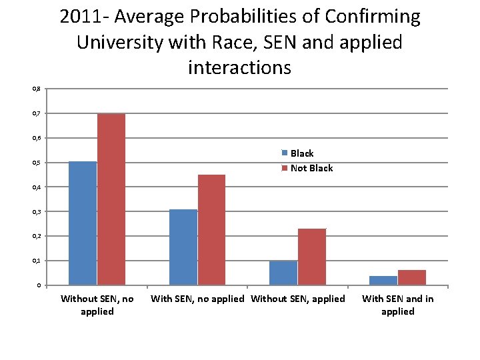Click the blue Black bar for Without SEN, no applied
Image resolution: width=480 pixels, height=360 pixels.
[x=83, y=223]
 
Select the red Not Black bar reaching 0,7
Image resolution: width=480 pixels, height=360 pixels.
[x=111, y=199]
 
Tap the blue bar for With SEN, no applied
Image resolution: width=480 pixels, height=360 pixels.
[x=183, y=247]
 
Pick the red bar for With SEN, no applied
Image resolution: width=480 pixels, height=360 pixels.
[x=211, y=230]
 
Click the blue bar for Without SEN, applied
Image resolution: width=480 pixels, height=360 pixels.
[x=283, y=273]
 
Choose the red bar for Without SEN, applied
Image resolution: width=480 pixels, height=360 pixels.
[x=311, y=257]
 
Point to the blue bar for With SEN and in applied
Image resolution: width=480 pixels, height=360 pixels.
[x=383, y=280]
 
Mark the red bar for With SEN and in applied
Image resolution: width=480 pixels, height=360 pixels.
[x=412, y=277]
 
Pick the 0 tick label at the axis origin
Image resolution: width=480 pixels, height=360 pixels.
[x=38, y=285]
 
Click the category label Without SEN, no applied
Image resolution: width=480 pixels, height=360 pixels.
[x=97, y=305]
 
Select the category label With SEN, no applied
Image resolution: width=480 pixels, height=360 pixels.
[x=197, y=299]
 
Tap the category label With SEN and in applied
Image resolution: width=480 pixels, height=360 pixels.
[x=397, y=305]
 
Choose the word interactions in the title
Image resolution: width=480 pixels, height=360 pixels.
[x=239, y=67]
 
